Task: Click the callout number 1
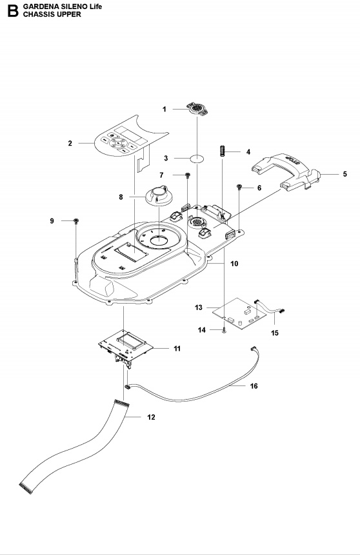[164, 109]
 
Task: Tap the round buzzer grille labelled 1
[197, 108]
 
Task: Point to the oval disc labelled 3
[197, 158]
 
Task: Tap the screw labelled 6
[239, 186]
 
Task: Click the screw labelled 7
[188, 175]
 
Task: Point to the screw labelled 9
[75, 221]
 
